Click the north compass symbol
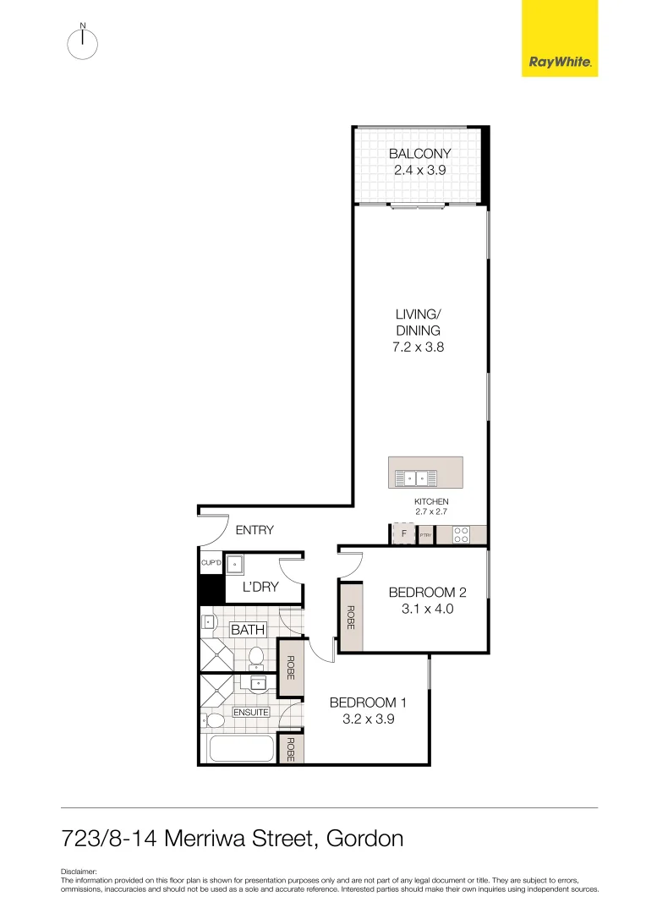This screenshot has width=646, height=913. tap(82, 44)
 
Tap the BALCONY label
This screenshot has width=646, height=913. tap(419, 154)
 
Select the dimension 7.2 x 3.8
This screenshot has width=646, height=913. tap(419, 347)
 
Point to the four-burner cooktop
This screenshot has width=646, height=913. tap(462, 534)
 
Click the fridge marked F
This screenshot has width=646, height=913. tap(404, 534)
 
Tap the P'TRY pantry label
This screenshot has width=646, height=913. tap(425, 535)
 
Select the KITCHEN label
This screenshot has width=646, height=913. tap(430, 501)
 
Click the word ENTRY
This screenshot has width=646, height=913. tap(255, 530)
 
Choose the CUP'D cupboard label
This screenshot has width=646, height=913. tap(211, 562)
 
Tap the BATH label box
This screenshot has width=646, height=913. tap(249, 630)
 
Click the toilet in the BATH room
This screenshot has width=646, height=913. tap(256, 656)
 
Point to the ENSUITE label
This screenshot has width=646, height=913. tap(250, 712)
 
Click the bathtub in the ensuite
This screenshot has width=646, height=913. tap(241, 749)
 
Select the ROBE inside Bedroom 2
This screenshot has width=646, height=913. tap(350, 615)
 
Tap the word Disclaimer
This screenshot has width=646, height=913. tap(79, 871)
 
